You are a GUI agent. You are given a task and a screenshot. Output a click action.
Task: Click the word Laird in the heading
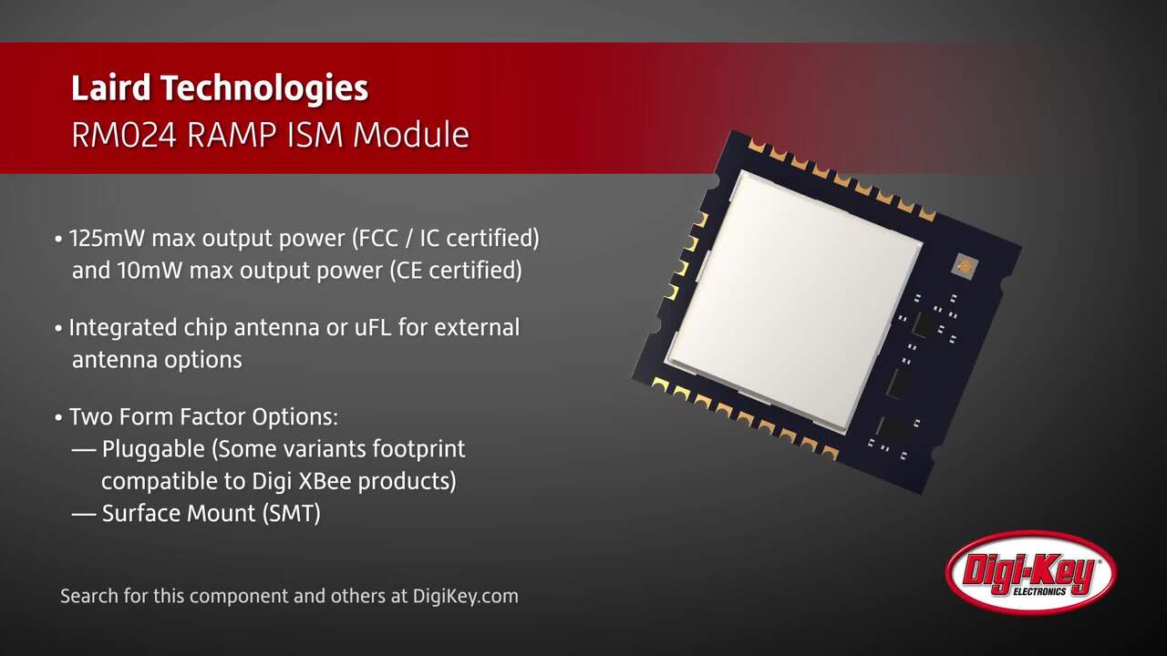click(111, 88)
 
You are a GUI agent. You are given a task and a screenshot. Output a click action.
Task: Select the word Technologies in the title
click(264, 88)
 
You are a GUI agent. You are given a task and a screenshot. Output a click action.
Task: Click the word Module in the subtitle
click(411, 135)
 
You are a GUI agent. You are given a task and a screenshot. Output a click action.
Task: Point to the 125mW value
click(107, 239)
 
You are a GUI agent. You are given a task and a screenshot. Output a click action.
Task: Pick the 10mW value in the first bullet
click(149, 271)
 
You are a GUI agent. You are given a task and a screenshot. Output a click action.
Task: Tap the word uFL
click(373, 327)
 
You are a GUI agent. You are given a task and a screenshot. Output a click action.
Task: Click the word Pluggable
click(153, 450)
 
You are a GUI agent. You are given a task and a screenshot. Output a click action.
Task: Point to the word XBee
click(324, 481)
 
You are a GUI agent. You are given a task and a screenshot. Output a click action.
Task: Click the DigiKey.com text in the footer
click(465, 596)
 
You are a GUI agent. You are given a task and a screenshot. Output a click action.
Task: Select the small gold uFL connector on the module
click(965, 267)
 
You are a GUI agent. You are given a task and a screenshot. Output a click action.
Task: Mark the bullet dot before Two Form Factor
click(58, 418)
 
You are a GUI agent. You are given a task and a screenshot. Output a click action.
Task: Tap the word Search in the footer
click(89, 596)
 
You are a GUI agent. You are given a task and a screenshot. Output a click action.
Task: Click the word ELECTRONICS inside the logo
click(1040, 592)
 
